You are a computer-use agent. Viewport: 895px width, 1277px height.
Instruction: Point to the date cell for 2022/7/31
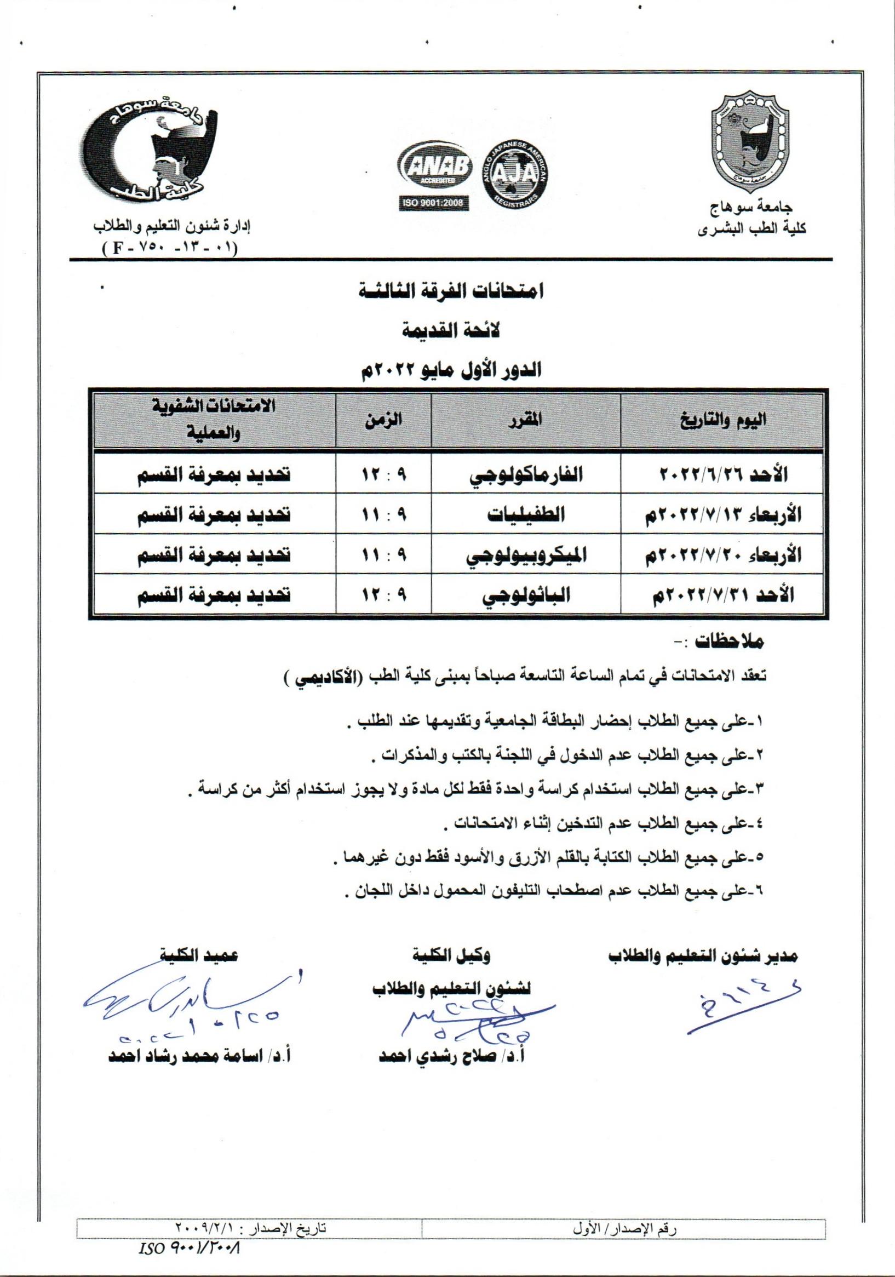tap(721, 594)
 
